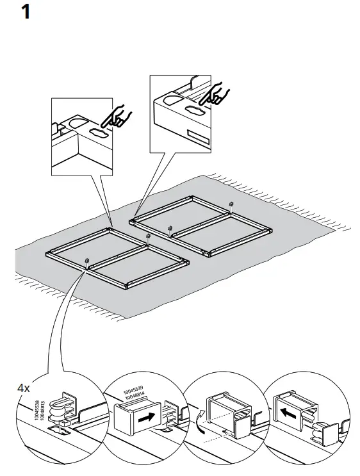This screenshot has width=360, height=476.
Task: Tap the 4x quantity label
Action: pos(24,388)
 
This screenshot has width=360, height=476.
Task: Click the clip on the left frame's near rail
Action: pos(86,261)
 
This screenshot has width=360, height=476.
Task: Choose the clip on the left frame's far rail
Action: pos(148,236)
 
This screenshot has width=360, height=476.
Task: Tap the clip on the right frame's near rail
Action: pos(170,227)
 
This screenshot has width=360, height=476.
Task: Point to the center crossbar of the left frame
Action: pos(117,249)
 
